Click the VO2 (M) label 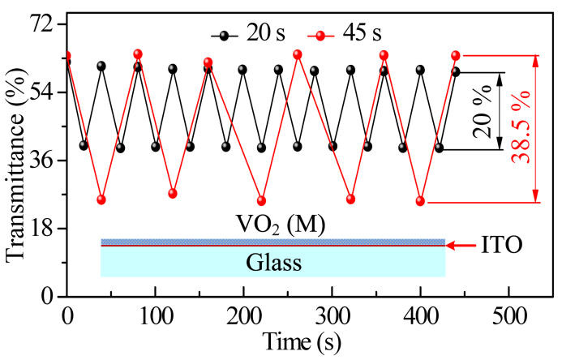270,225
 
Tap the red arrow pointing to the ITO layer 461,245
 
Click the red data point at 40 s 101,199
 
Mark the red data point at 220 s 261,200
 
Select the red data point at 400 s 420,201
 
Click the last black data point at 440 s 456,71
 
